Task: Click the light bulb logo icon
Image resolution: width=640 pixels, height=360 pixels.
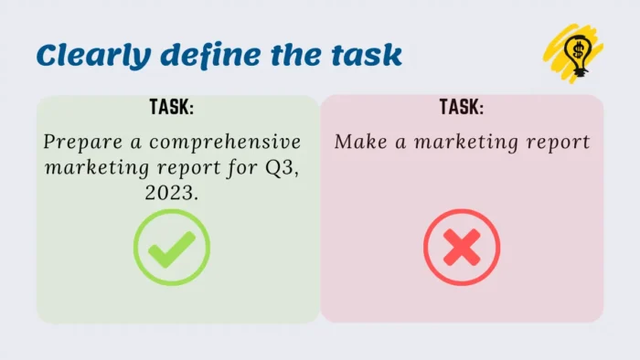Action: [x=575, y=53]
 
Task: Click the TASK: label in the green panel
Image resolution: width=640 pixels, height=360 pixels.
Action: [x=172, y=108]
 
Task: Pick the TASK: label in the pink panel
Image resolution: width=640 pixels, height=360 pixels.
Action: [x=462, y=108]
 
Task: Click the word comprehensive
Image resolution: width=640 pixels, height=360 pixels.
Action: [x=224, y=143]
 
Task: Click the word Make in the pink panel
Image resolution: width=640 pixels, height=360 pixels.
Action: [x=356, y=143]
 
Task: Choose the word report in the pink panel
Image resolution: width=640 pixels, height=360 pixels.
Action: [x=557, y=143]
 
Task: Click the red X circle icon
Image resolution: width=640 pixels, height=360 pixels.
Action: [x=462, y=247]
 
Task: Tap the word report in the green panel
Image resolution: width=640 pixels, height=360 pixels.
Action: [x=193, y=170]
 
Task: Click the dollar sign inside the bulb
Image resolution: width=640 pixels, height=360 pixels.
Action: [x=577, y=48]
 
